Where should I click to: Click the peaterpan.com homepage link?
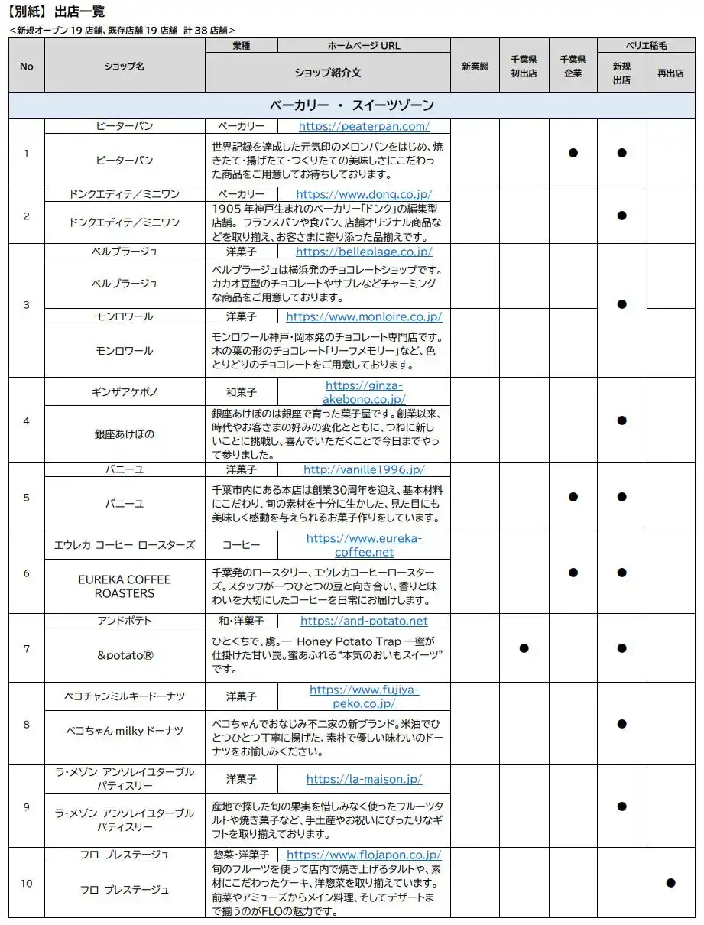pyautogui.click(x=364, y=126)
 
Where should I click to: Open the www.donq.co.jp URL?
pyautogui.click(x=364, y=194)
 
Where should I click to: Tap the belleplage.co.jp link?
pyautogui.click(x=364, y=251)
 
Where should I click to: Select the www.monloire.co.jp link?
pyautogui.click(x=364, y=316)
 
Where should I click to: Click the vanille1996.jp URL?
pyautogui.click(x=364, y=469)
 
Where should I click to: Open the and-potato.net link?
pyautogui.click(x=364, y=621)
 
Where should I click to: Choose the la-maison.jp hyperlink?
pyautogui.click(x=364, y=779)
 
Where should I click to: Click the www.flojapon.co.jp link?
pyautogui.click(x=364, y=855)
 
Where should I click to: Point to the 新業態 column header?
pyautogui.click(x=475, y=66)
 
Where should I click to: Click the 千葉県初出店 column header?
pyautogui.click(x=524, y=66)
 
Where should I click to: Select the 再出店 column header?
pyautogui.click(x=670, y=73)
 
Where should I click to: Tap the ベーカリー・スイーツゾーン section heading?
pyautogui.click(x=352, y=105)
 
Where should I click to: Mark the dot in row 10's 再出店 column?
pyautogui.click(x=670, y=882)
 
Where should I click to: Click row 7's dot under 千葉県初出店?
pyautogui.click(x=524, y=647)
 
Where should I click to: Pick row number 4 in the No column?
pyautogui.click(x=27, y=420)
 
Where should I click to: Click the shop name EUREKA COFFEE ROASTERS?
pyautogui.click(x=125, y=586)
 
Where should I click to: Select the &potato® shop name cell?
pyautogui.click(x=125, y=655)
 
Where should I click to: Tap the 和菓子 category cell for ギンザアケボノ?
pyautogui.click(x=241, y=391)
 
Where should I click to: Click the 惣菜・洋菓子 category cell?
pyautogui.click(x=241, y=855)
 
